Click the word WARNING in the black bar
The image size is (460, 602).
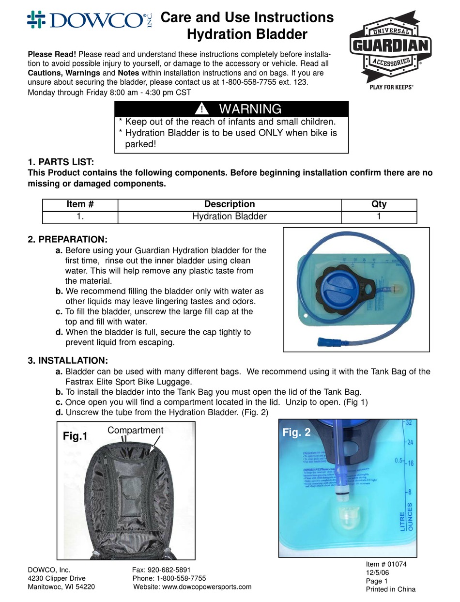coord(250,109)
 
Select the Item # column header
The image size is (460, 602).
coord(80,204)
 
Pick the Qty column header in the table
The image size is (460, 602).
coord(379,204)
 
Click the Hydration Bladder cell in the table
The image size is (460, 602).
coord(230,216)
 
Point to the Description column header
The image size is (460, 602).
coord(230,204)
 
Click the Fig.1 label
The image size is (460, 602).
coord(76,436)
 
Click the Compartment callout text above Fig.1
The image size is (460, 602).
coord(135,430)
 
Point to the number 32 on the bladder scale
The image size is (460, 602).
coord(409,422)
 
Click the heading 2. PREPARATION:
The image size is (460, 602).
coord(67,239)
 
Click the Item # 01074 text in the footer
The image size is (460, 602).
coord(386,564)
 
